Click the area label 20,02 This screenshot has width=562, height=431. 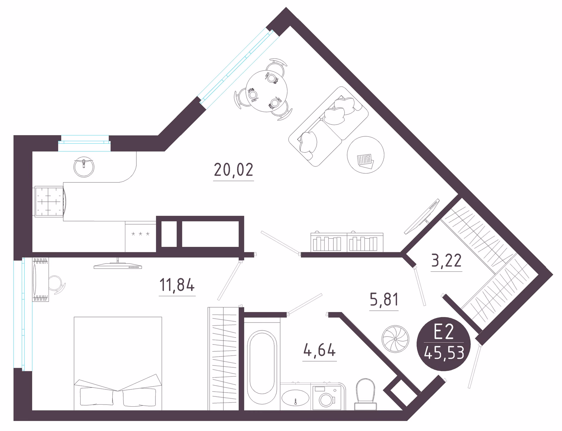point(233,170)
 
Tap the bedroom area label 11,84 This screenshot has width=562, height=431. point(177,285)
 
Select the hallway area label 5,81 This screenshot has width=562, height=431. point(384,299)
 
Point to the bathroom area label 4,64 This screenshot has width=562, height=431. point(319,350)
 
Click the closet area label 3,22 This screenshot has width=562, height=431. point(446,260)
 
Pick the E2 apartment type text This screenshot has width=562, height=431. point(443,332)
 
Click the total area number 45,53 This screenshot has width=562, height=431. point(444,353)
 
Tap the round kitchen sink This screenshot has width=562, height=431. point(84,167)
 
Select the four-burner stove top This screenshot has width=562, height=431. point(49,202)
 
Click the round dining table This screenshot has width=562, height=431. point(267,91)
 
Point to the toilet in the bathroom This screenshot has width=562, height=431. point(366,394)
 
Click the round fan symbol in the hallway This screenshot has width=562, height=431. point(395,339)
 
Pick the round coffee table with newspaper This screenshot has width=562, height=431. point(366,155)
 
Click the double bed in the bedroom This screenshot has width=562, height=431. point(118,364)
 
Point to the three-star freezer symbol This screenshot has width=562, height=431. point(140,234)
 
